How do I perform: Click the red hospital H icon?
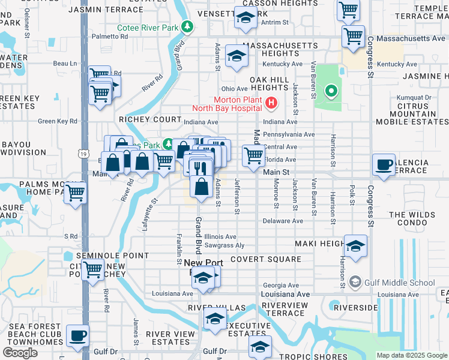pos(271,104)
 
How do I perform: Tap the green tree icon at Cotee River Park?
pos(188,26)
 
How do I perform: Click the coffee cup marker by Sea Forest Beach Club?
pos(77,336)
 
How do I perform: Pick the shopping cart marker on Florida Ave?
pos(254,155)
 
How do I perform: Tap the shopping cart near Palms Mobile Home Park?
pos(76,193)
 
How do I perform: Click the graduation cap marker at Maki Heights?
pos(355,246)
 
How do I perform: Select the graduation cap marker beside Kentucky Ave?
pos(237,57)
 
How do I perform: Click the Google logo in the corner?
pos(20,353)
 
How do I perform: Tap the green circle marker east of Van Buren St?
pos(330,92)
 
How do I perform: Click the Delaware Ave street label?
pos(283,221)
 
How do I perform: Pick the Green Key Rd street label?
pos(58,121)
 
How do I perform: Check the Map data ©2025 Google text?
pos(411,355)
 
